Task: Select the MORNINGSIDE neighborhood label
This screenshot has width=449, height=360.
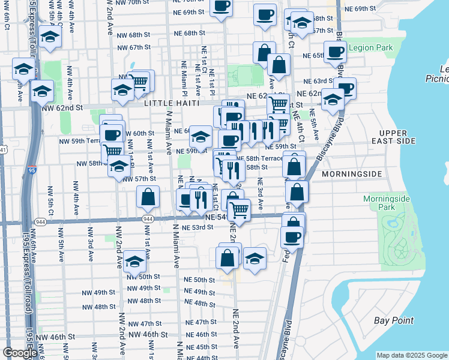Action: point(352,174)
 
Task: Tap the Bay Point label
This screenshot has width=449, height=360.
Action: point(394,320)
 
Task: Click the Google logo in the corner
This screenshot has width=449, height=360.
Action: point(20,352)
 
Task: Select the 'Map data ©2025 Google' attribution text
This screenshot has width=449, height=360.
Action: point(412,355)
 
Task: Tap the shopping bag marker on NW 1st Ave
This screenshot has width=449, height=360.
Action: point(148,197)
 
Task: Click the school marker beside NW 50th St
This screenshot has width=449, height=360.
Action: point(135,262)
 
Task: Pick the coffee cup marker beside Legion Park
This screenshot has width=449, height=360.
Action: point(335,52)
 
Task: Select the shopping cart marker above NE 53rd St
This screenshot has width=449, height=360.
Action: point(239,210)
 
